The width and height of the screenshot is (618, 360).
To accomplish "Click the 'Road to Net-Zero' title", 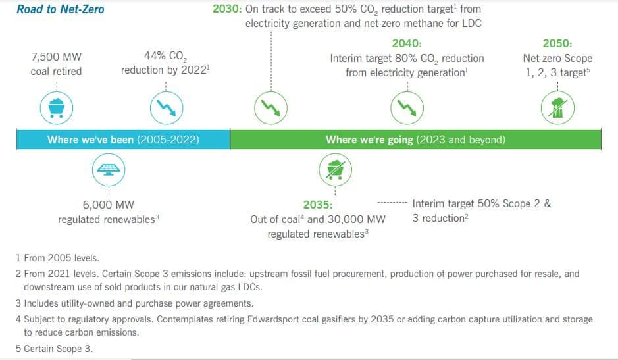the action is coord(61,9).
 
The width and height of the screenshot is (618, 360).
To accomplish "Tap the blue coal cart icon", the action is coord(57,108).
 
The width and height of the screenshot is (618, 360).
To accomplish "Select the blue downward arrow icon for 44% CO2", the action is coord(167,108).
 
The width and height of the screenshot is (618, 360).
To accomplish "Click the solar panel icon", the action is coord(109,170).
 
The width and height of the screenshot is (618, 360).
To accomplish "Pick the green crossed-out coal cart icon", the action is coord(336,170).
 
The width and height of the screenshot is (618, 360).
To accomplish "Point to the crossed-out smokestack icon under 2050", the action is coord(557,108).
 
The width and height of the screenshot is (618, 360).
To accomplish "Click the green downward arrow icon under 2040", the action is coord(407,108).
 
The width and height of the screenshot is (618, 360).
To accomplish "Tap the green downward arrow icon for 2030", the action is coord(270,108).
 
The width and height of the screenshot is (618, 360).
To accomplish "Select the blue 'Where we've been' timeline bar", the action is coord(123,140).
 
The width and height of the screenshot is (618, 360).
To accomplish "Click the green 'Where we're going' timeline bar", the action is coord(416,140).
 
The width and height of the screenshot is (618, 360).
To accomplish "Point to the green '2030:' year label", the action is coord(227,9).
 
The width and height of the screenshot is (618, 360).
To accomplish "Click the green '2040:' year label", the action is coord(407,43).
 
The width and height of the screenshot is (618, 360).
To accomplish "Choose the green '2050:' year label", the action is coord(557,43).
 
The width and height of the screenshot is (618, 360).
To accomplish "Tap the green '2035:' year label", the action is coord(318,205).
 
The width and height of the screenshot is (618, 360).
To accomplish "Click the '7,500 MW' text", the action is coord(57,57).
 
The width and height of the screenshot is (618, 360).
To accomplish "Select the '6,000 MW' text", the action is coord(109,205).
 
